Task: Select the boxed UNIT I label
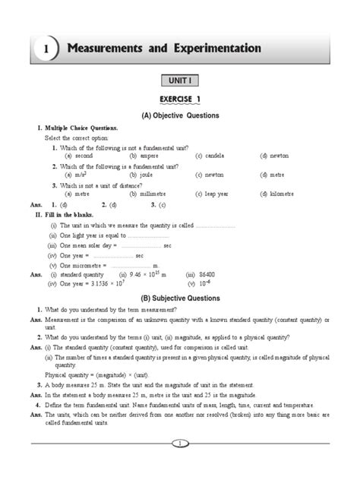(x=180, y=80)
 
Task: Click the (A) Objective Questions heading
(x=180, y=115)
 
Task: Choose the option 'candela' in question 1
(x=209, y=155)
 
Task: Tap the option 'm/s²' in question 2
(x=83, y=174)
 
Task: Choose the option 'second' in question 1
(x=84, y=155)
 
